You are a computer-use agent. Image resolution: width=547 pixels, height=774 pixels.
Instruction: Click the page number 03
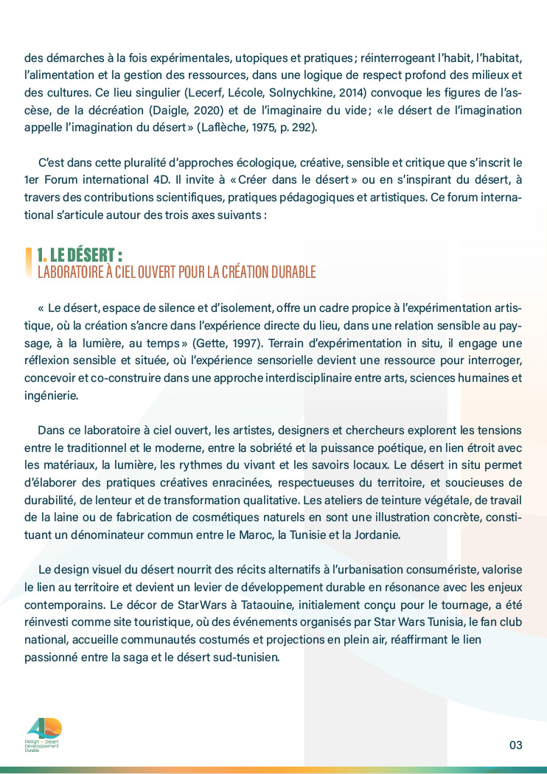pos(515,745)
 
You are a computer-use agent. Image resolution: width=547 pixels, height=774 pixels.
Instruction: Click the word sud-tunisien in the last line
pos(243,656)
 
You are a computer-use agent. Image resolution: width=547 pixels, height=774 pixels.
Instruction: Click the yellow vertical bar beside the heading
pos(29,263)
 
